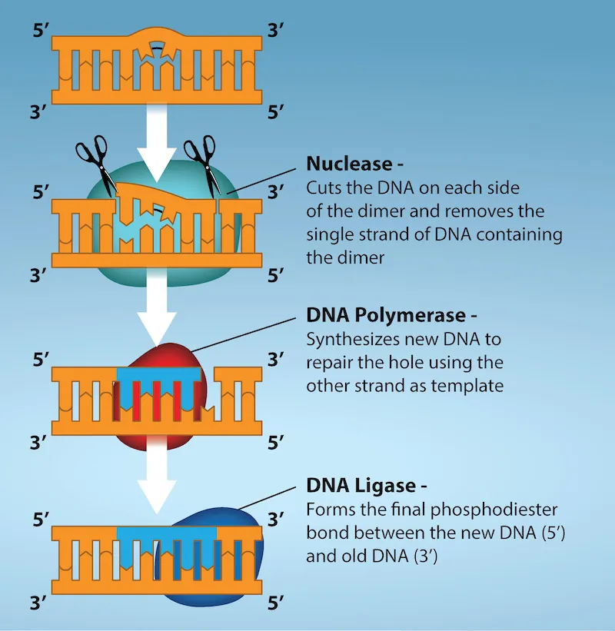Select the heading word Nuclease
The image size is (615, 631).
[x=349, y=164]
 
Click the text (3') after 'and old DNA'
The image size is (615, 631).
[x=430, y=556]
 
